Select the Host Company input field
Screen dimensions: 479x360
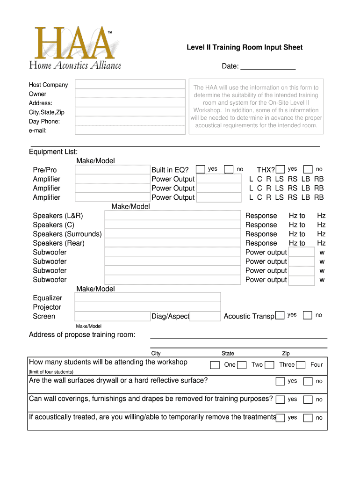(130, 85)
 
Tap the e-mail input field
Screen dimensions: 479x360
(130, 131)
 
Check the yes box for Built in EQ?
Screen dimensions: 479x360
(200, 169)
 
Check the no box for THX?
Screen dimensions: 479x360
(308, 169)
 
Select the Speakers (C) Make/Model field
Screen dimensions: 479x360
(172, 225)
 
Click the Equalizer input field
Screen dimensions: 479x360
(148, 298)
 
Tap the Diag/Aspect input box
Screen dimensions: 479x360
(205, 317)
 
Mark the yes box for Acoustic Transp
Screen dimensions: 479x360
(280, 315)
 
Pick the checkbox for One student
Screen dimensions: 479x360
(215, 365)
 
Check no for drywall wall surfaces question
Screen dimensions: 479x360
(308, 381)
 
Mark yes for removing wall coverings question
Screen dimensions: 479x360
(280, 399)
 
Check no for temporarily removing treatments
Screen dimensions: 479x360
(308, 418)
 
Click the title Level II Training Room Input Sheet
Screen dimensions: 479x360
(245, 47)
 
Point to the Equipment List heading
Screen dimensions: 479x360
(53, 152)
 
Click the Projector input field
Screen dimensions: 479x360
(148, 307)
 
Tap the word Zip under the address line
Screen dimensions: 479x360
(285, 354)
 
